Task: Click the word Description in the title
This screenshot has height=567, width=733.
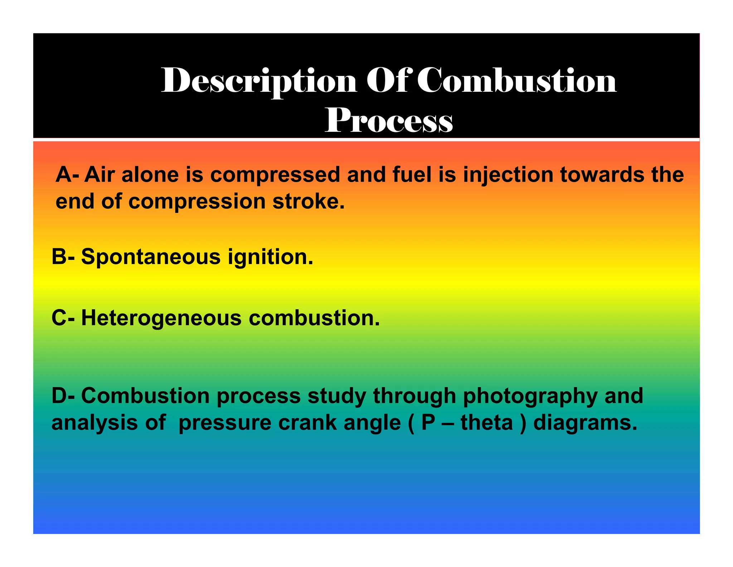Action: click(259, 81)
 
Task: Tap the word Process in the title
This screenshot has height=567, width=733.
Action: click(389, 120)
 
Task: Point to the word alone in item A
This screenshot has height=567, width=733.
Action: click(150, 175)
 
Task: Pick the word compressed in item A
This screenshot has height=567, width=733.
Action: click(275, 175)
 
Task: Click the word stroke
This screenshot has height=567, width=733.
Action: click(309, 201)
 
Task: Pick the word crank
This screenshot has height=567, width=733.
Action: click(308, 423)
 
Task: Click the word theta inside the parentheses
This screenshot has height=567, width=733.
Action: click(487, 423)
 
